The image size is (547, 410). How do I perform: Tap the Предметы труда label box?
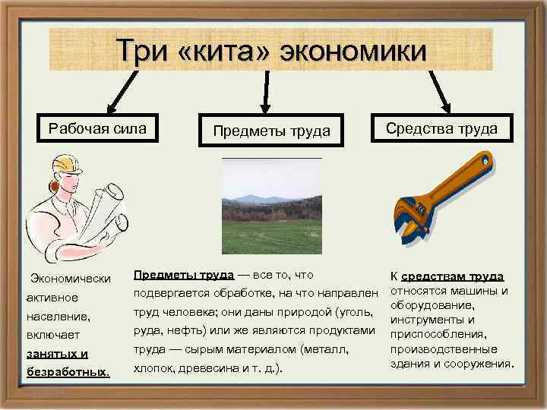(x=271, y=131)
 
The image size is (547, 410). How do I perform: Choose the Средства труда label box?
(x=441, y=128)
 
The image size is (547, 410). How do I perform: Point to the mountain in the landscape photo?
(x=255, y=198)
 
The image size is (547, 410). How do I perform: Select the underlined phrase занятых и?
(x=57, y=353)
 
